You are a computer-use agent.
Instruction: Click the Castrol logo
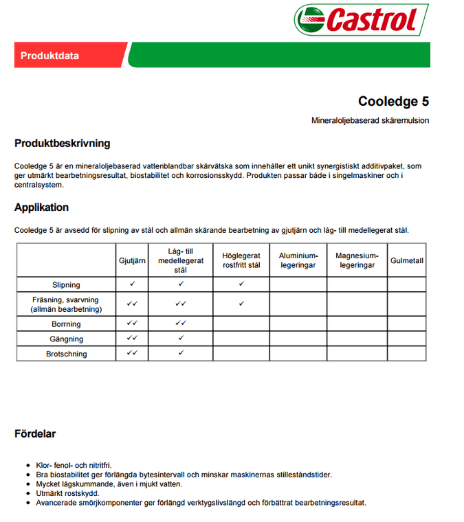click(x=361, y=20)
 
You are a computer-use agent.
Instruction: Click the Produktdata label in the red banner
click(x=46, y=56)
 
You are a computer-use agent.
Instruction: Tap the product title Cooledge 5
click(x=393, y=102)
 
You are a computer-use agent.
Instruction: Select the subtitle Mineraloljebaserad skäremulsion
click(x=370, y=121)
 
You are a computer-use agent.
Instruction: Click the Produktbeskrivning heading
click(x=62, y=144)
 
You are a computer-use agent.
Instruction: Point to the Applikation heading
click(x=41, y=207)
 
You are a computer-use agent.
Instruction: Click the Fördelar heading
click(x=35, y=434)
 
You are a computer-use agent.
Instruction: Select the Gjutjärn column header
click(x=133, y=261)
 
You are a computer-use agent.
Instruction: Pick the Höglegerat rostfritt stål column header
click(x=241, y=260)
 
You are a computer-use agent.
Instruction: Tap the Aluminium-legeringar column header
click(x=298, y=260)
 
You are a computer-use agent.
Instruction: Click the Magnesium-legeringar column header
click(x=357, y=260)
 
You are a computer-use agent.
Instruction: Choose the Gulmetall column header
click(x=407, y=261)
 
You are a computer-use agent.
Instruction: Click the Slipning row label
click(x=66, y=284)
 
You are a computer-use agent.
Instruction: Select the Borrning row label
click(x=66, y=324)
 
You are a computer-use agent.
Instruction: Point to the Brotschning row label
click(x=66, y=354)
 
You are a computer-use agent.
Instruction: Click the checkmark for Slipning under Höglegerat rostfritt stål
click(x=241, y=284)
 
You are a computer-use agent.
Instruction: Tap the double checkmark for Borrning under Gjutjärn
click(x=133, y=323)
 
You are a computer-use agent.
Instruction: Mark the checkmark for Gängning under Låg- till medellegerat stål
click(x=181, y=338)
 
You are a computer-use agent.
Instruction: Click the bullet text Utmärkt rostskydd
click(x=67, y=493)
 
